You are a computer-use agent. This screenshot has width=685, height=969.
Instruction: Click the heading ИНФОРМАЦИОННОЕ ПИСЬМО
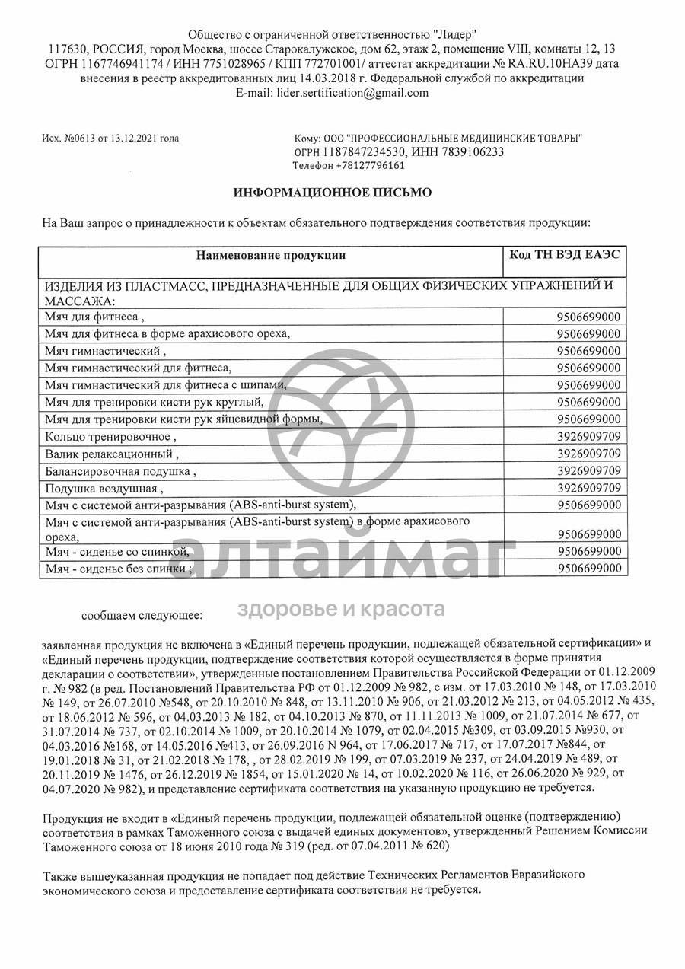(332, 193)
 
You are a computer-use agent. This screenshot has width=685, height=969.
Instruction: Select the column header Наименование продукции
(270, 255)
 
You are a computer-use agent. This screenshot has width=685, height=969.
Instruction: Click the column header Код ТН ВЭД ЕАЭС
(565, 254)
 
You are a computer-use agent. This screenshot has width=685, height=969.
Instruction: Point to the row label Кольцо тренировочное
(110, 437)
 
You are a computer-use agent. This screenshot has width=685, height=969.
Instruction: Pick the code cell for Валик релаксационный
(588, 454)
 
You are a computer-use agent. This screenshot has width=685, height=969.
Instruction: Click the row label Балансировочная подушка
(120, 472)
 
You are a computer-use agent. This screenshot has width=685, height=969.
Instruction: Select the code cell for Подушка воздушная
(588, 488)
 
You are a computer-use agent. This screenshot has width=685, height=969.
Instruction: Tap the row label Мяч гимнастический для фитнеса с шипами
(167, 385)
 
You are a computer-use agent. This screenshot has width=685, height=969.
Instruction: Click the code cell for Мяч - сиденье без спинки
(588, 569)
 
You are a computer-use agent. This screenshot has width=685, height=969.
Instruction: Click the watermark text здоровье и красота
(342, 609)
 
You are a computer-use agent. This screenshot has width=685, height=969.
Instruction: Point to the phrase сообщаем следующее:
(142, 613)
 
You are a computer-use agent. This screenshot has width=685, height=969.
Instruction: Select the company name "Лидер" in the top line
(455, 34)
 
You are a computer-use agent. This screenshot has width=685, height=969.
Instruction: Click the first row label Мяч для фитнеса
(93, 317)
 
